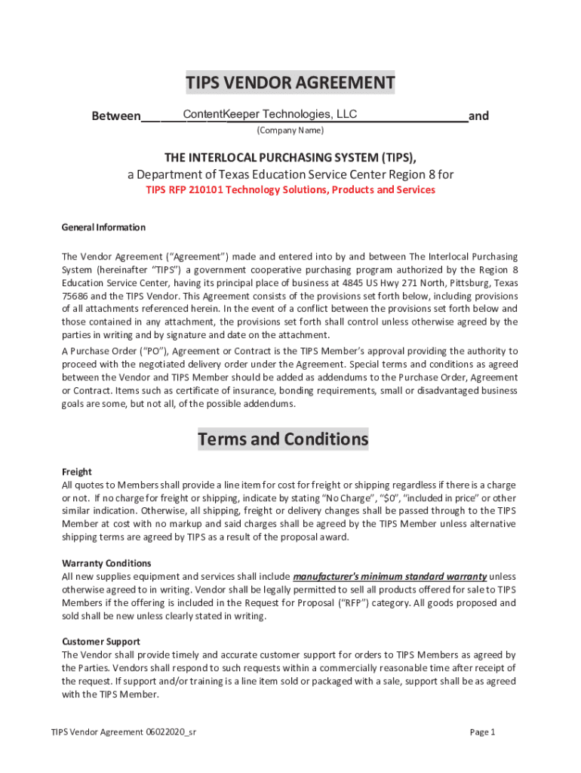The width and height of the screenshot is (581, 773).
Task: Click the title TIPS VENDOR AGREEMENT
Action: [x=290, y=82]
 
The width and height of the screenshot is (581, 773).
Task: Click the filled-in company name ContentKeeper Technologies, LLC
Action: [x=260, y=114]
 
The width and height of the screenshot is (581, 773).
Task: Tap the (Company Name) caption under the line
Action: [x=290, y=131]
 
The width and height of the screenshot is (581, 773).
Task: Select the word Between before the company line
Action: [x=115, y=116]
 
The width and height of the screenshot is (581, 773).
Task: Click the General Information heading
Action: [x=103, y=227]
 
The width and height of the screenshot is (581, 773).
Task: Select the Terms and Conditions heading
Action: [x=283, y=439]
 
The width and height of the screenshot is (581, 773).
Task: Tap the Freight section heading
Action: [x=77, y=471]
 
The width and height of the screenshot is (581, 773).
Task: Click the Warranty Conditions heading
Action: [x=106, y=563]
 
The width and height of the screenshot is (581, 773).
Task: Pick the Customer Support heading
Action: [x=101, y=642]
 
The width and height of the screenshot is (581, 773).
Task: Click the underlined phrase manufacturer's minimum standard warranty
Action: [x=389, y=577]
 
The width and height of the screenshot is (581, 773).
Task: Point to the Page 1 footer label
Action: [x=482, y=731]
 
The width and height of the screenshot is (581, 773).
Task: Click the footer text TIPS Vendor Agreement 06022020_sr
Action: [x=124, y=731]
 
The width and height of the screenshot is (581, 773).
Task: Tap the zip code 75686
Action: [x=75, y=296]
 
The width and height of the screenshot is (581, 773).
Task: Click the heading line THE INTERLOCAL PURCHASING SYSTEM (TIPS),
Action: [x=290, y=157]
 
